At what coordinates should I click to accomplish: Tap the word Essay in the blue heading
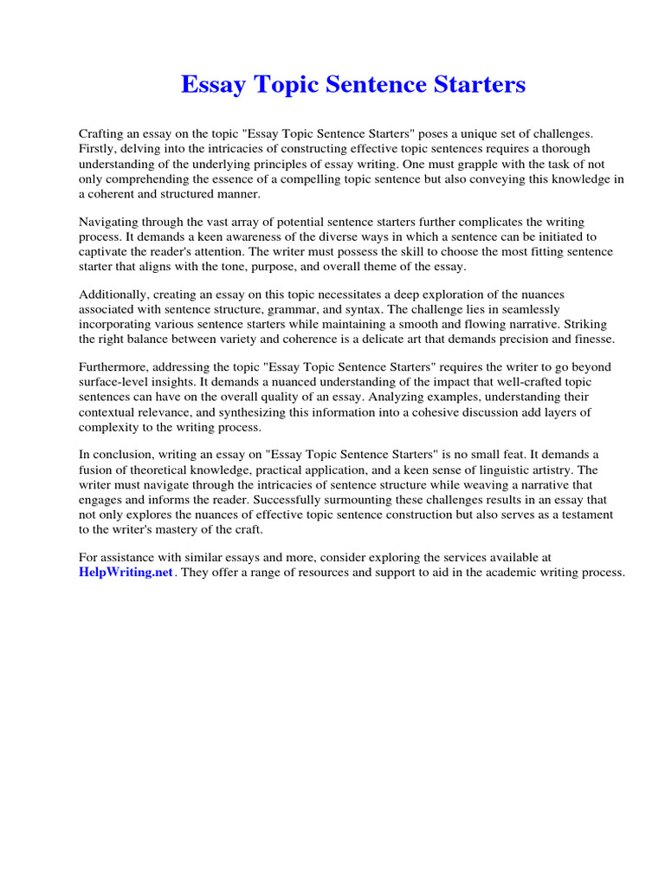click(x=211, y=85)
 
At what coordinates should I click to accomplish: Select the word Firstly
click(x=98, y=149)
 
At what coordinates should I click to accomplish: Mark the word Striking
click(x=592, y=324)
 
